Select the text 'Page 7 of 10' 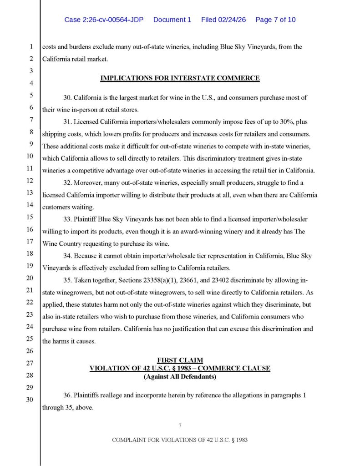coord(276,20)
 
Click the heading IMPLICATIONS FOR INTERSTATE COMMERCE coord(180,78)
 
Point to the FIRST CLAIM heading coord(180,360)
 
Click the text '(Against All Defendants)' coord(180,376)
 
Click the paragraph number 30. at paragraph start coord(68,98)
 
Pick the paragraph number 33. coord(68,219)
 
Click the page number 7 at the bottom coord(180,425)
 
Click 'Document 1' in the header coord(172,20)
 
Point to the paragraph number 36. coord(68,395)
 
